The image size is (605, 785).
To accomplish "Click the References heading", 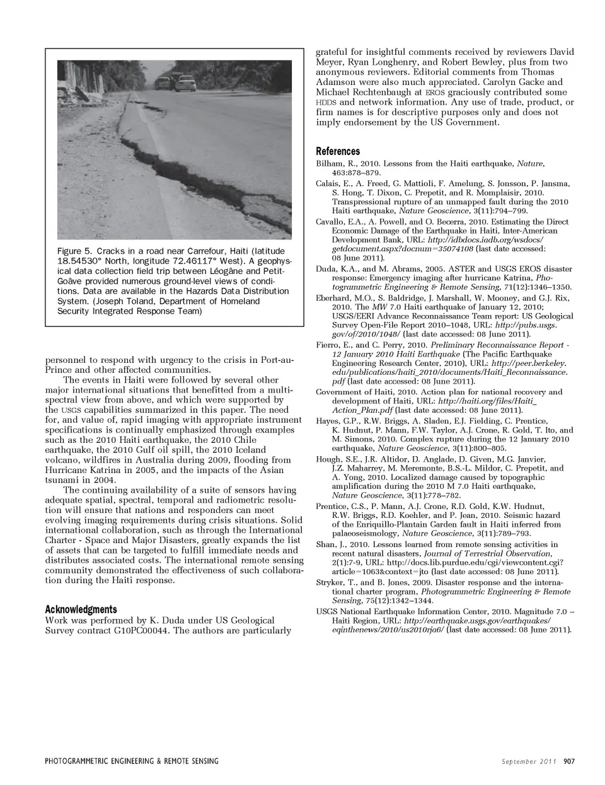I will pos(338,151).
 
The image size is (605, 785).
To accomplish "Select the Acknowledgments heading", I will pos(81,609).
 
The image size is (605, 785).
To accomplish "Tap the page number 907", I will pos(569,761).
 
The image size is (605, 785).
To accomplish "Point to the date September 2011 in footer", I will pos(529,761).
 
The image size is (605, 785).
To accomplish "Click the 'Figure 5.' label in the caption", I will pos(74,251).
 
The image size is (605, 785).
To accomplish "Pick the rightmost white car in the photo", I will pos(187,83).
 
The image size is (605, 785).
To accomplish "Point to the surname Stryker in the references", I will pos(329,583).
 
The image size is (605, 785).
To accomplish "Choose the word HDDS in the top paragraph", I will pos(326,102).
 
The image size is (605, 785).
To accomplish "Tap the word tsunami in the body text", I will pos(62,480).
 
